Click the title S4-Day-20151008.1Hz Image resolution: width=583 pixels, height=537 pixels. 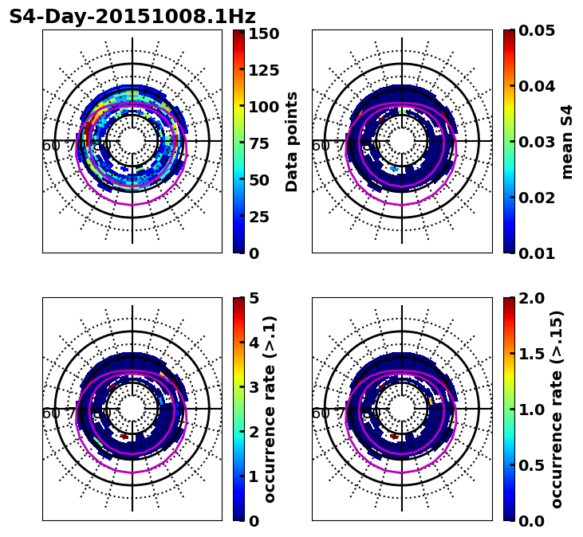pos(132,17)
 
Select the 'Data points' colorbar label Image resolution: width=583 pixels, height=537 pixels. pos(292,141)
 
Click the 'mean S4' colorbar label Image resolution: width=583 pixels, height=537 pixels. pos(567,141)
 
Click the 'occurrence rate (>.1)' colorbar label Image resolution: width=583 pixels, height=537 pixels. pos(270,409)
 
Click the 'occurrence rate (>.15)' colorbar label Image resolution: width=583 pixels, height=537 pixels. pos(557,409)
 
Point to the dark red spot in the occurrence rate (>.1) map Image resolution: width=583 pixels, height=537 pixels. pos(124,437)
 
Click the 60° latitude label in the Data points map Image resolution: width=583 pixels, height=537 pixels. pos(50,146)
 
